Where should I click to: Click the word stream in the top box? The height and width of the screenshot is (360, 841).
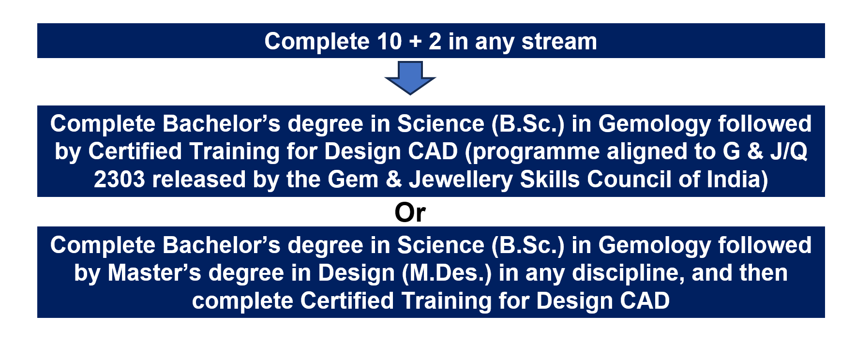pos(559,42)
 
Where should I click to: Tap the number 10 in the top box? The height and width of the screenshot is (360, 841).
pos(389,42)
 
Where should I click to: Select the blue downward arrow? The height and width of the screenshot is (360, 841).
pos(410,78)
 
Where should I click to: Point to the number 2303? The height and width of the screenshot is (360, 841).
pos(120,180)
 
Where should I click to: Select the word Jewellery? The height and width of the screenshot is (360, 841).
pos(460,180)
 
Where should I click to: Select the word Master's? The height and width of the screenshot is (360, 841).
pos(154,273)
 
